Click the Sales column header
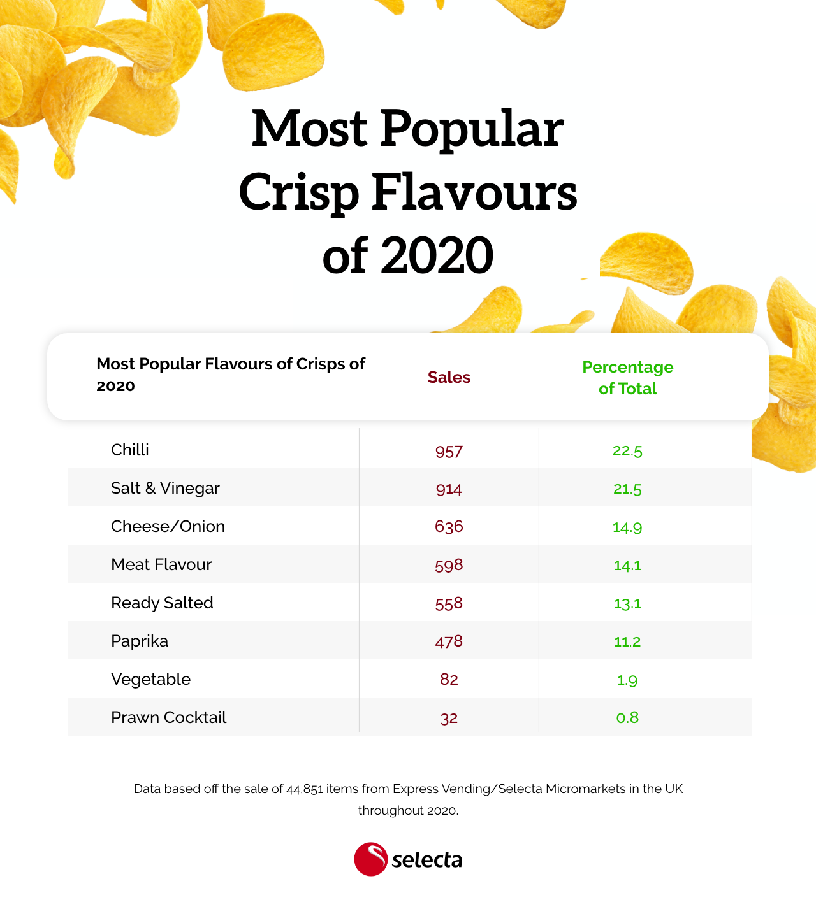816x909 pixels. (449, 377)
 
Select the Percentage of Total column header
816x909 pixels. (627, 378)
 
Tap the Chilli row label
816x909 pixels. (130, 450)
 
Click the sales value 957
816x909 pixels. (449, 451)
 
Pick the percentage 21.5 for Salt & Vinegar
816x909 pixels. (627, 489)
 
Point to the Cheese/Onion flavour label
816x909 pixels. (168, 526)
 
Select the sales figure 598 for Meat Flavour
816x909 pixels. (449, 565)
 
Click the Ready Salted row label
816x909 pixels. (162, 603)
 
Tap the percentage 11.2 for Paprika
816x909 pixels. (627, 641)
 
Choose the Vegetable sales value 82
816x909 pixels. (449, 680)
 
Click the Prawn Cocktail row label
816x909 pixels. (168, 717)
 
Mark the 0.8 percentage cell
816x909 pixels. (627, 718)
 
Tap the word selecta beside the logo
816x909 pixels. (426, 861)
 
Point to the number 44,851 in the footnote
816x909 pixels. (305, 789)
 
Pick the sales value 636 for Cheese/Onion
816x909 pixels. (449, 527)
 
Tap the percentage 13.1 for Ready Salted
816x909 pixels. (627, 603)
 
